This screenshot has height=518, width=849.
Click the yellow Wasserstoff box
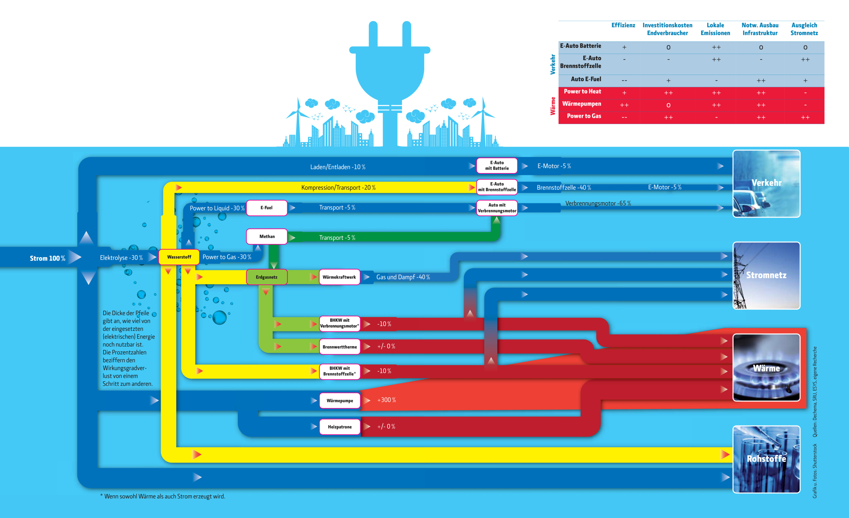(x=179, y=257)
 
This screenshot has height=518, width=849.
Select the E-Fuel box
(x=267, y=208)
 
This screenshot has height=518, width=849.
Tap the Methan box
(x=267, y=236)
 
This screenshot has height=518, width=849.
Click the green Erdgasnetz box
(x=267, y=277)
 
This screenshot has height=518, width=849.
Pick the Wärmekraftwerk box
(x=340, y=277)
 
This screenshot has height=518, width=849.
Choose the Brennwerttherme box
(x=340, y=347)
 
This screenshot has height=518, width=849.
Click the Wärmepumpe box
(x=340, y=400)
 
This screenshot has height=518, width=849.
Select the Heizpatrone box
(x=340, y=427)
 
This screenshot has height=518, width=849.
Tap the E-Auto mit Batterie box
(x=497, y=166)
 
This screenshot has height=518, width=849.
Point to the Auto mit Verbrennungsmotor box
(x=497, y=208)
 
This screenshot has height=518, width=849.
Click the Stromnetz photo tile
(x=766, y=275)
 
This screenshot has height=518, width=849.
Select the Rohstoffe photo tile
(x=766, y=459)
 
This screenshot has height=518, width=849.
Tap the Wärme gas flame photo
(x=766, y=367)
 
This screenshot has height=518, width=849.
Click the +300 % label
(x=386, y=400)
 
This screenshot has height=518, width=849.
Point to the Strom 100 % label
(x=48, y=258)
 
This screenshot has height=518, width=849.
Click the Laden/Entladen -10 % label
(x=338, y=167)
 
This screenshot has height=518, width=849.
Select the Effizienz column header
(x=623, y=25)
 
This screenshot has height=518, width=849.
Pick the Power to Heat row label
(x=582, y=91)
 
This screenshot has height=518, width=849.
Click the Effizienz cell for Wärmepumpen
(x=624, y=105)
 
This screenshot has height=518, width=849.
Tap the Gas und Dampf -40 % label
(x=403, y=277)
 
